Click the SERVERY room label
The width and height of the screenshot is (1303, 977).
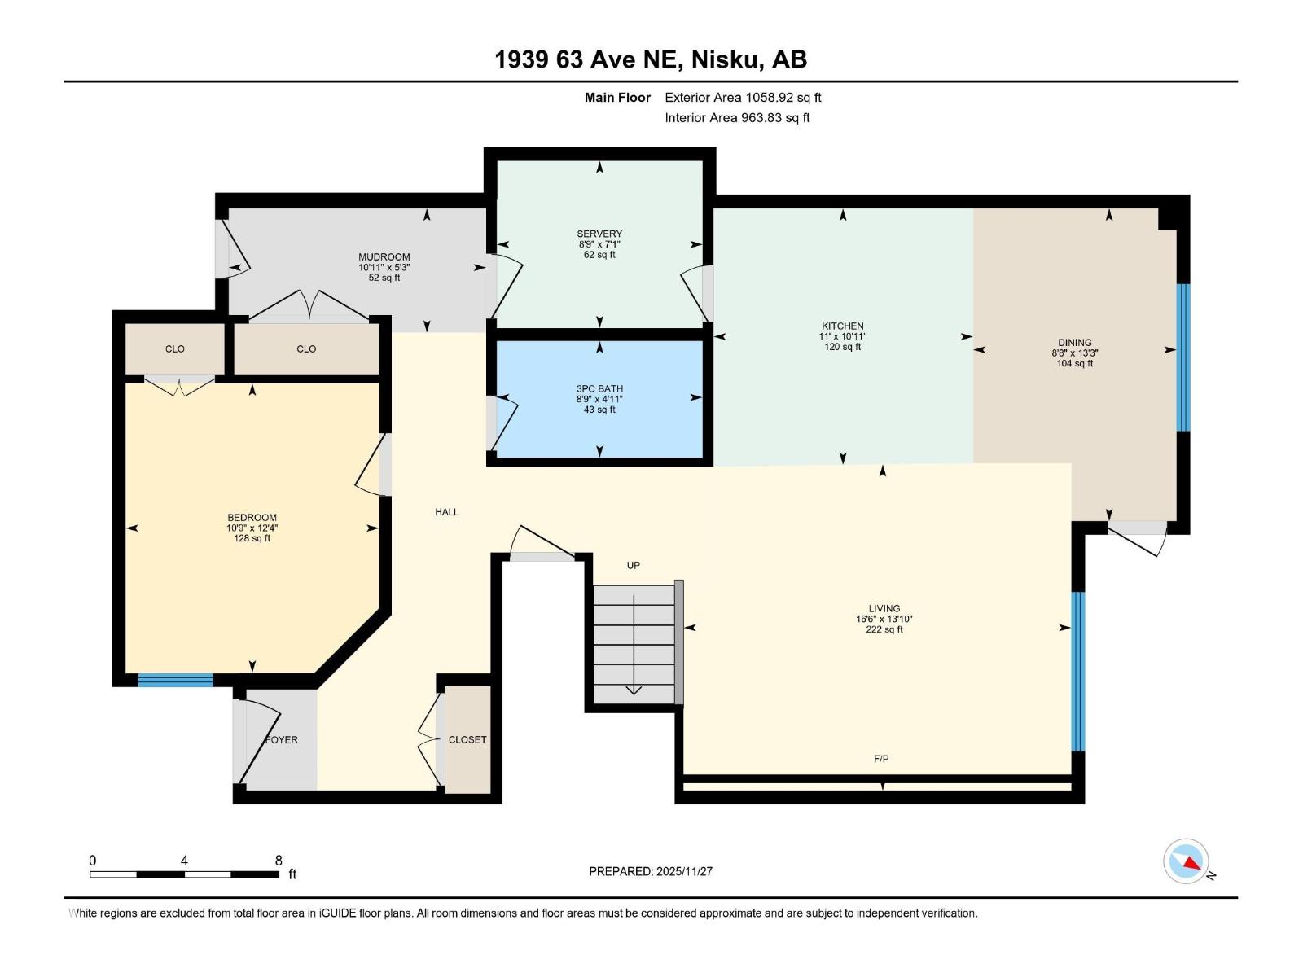click(599, 234)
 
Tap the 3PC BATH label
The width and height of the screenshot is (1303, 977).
click(599, 388)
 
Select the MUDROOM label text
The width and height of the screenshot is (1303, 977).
click(384, 256)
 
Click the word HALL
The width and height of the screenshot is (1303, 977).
click(446, 512)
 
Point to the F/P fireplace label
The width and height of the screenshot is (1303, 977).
click(881, 759)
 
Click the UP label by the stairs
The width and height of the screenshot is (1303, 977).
click(633, 565)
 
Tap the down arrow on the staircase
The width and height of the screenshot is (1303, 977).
click(634, 688)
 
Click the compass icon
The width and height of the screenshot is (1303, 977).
click(1187, 861)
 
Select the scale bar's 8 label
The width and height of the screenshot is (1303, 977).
click(279, 861)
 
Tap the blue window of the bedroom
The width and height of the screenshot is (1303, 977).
click(175, 681)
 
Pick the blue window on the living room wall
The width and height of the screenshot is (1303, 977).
click(1077, 671)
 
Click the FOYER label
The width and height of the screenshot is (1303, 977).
click(282, 740)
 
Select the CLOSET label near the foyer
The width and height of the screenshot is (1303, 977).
click(467, 740)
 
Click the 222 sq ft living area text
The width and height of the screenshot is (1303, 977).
click(884, 629)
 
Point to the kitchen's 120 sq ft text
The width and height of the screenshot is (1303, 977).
click(842, 347)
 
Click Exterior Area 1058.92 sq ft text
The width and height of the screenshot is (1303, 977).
click(743, 98)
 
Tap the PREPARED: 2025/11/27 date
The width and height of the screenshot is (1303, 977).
click(651, 871)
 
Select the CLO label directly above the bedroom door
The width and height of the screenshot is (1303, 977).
click(175, 348)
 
